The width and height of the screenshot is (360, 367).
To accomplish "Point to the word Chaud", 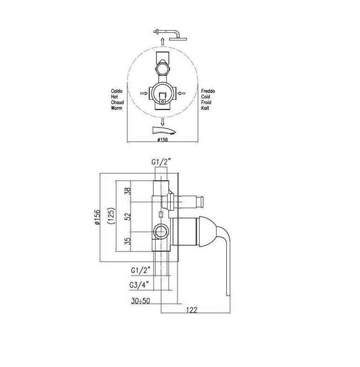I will pyautogui.click(x=117, y=102).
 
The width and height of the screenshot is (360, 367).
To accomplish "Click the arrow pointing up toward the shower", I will pyautogui.click(x=162, y=42).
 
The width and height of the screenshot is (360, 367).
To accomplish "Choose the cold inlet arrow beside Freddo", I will pyautogui.click(x=183, y=94).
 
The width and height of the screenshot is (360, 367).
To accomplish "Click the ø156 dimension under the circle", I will pyautogui.click(x=162, y=139).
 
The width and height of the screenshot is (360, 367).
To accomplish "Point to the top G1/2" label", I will pyautogui.click(x=161, y=162).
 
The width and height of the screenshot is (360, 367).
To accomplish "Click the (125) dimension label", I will pyautogui.click(x=111, y=217).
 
